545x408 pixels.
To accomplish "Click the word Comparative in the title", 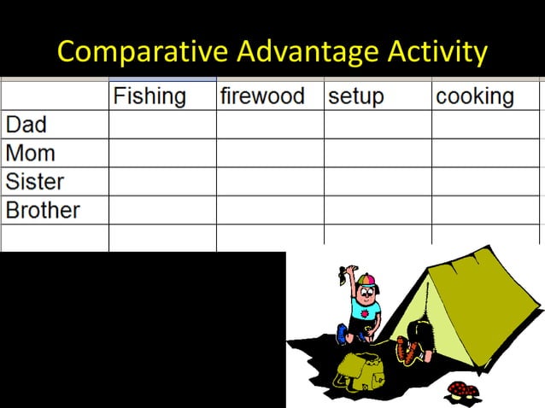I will [143, 52].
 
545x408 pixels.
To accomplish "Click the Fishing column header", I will [149, 96].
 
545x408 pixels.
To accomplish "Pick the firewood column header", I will [262, 96].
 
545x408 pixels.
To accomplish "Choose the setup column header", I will [357, 96].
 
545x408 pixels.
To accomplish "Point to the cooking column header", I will [475, 96].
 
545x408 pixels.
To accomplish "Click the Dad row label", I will [26, 125].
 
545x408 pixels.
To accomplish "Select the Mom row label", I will [30, 154].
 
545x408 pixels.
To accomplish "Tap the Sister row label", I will [35, 182].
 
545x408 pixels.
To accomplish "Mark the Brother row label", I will [43, 210].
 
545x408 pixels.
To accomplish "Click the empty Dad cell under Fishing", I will [162, 125].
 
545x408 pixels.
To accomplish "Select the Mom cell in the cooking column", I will [485, 154].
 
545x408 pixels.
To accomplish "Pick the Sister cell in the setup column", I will [378, 182].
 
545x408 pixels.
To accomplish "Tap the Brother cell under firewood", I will [270, 210].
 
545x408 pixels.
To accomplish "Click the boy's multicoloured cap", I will [366, 281].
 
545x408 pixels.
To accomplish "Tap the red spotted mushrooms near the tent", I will [463, 391].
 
